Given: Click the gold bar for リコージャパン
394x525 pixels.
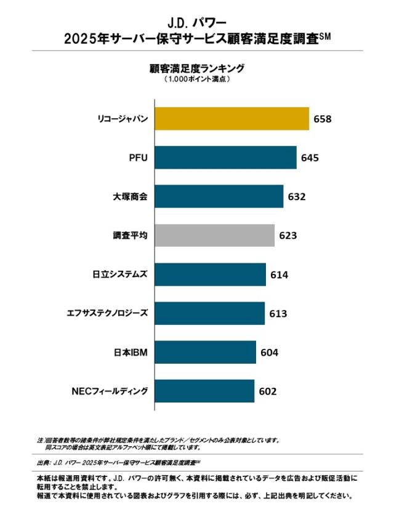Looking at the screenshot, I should click(231, 119).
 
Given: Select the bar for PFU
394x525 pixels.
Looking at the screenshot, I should click(225, 158).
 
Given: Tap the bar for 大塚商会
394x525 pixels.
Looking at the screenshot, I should click(219, 196).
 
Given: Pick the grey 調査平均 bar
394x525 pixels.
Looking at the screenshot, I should click(214, 235).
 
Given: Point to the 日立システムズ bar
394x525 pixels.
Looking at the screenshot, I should click(210, 275).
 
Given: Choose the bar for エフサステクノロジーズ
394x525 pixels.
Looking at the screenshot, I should click(209, 313).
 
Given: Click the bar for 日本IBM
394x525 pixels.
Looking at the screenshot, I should click(205, 352).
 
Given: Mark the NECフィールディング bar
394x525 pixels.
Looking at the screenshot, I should click(204, 391).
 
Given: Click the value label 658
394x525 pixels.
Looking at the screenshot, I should click(323, 119).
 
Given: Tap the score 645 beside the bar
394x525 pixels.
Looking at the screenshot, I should click(310, 158).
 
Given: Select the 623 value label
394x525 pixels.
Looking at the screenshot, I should click(288, 236).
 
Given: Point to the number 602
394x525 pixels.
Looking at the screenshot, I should click(268, 391).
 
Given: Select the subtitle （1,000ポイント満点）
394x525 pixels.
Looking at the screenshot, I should click(197, 79).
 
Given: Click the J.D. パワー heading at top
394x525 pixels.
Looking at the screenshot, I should click(197, 23).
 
